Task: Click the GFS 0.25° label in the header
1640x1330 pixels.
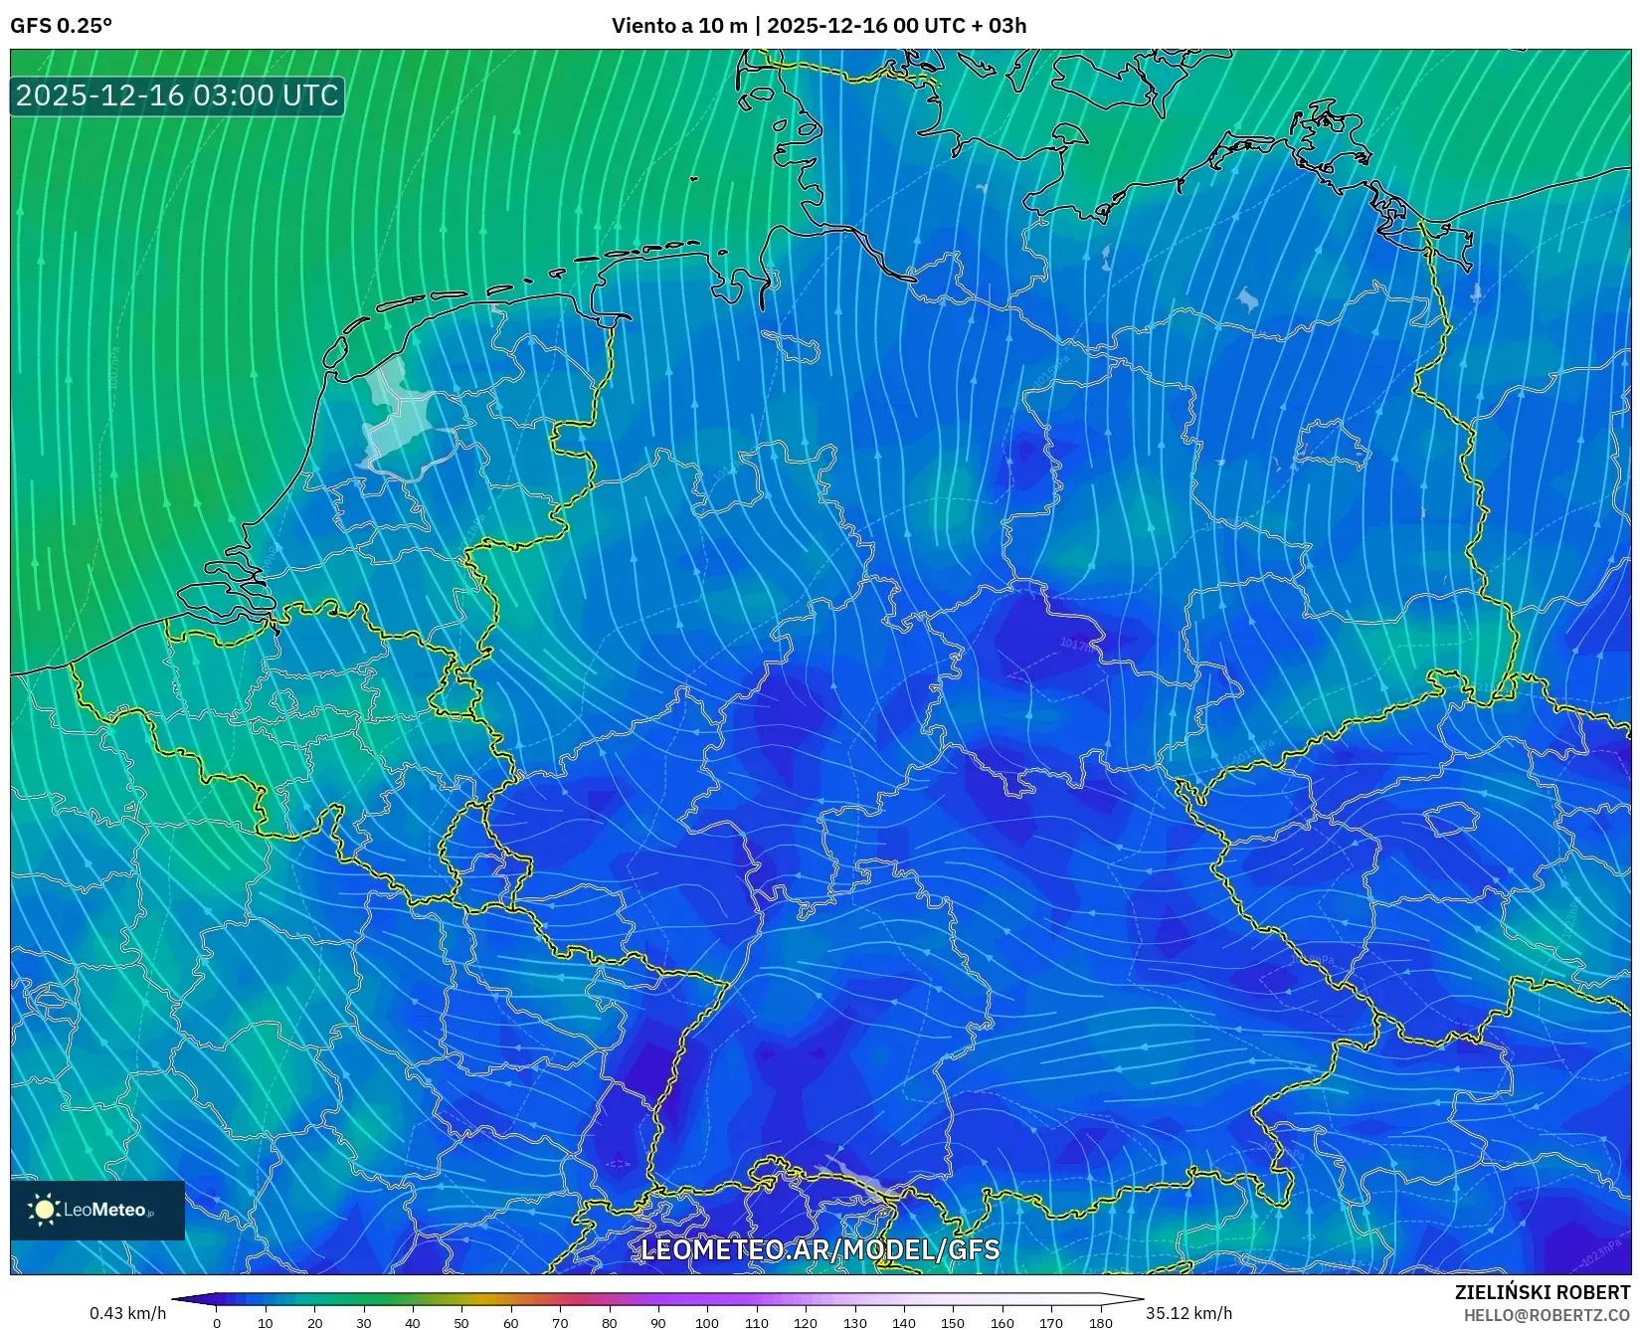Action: (x=62, y=26)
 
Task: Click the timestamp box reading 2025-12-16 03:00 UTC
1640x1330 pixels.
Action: (x=177, y=95)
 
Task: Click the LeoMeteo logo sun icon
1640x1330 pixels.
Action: (x=45, y=1210)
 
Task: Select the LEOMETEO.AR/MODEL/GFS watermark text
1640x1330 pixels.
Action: (x=820, y=1250)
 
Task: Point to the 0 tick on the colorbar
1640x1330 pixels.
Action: (x=217, y=1323)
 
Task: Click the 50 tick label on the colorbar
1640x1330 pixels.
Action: (x=461, y=1323)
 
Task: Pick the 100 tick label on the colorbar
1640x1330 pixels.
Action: (x=707, y=1323)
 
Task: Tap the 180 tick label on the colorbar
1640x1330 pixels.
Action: (x=1100, y=1323)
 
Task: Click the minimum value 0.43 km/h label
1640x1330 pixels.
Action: (x=128, y=1313)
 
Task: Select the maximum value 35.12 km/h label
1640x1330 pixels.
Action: (x=1188, y=1313)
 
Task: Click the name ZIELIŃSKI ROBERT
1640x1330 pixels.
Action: (x=1543, y=1292)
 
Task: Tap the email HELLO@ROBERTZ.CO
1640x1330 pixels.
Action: (x=1547, y=1315)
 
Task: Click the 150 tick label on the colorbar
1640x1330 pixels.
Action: (x=953, y=1323)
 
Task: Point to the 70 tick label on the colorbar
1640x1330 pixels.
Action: (x=560, y=1323)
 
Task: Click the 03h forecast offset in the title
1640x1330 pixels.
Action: (x=1007, y=26)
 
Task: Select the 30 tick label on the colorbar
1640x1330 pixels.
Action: (x=364, y=1323)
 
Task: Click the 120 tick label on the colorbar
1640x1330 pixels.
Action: (x=806, y=1323)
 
